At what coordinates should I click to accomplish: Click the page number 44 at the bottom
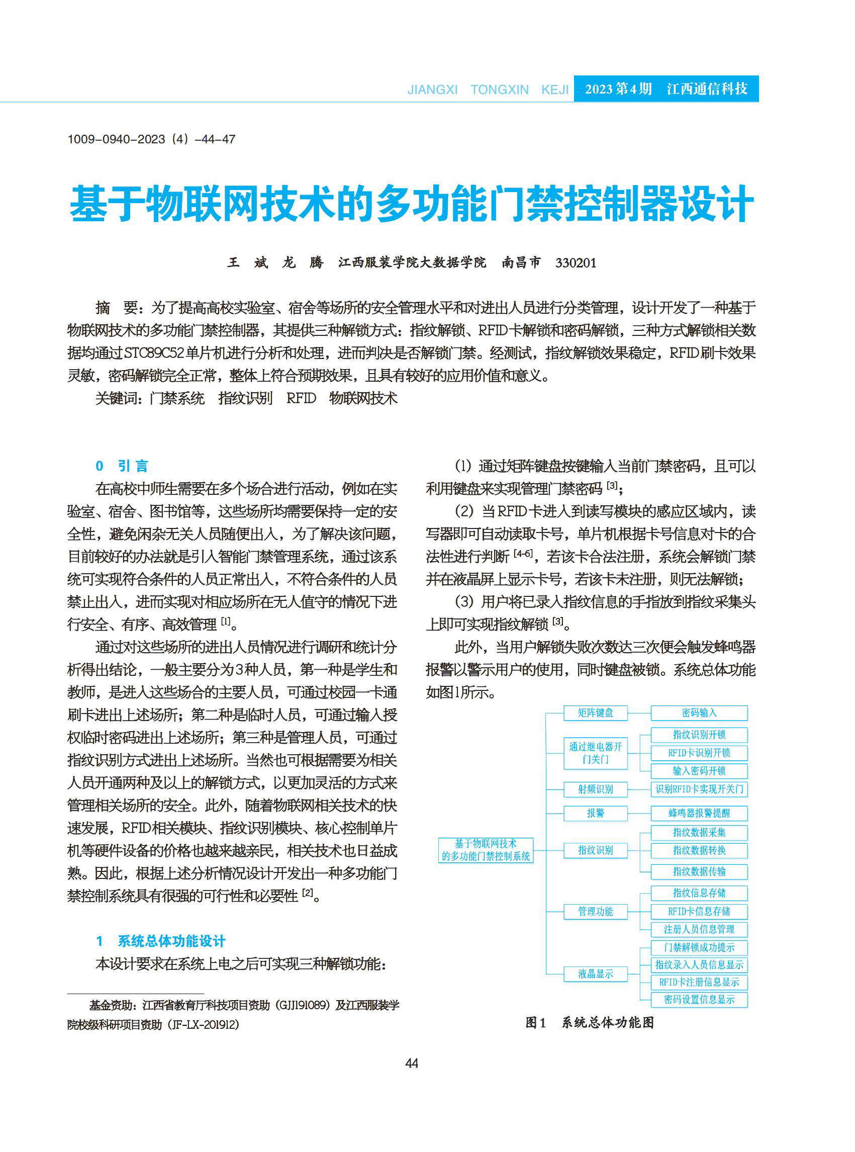point(412,1063)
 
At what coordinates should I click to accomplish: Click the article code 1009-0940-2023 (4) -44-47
point(151,139)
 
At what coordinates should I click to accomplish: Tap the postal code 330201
point(576,263)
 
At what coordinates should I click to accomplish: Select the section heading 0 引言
point(122,466)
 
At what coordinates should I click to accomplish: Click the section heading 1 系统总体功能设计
point(161,941)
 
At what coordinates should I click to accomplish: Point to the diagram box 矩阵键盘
point(595,713)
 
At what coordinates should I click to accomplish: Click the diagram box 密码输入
point(699,713)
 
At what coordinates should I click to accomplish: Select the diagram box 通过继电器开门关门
point(595,753)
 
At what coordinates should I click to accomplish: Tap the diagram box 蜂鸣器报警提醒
point(699,813)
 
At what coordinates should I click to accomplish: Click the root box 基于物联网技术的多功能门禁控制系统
point(486,850)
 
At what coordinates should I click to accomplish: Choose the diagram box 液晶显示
point(595,974)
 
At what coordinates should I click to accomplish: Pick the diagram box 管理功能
point(595,911)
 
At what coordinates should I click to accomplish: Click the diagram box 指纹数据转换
point(699,850)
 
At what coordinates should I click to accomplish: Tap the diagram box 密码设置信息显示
point(699,999)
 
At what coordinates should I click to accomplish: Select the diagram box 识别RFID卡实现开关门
point(699,789)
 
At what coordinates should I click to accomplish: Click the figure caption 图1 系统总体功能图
point(590,1023)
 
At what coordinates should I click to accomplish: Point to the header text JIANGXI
point(432,90)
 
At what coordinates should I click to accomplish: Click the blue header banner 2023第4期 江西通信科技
point(666,88)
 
